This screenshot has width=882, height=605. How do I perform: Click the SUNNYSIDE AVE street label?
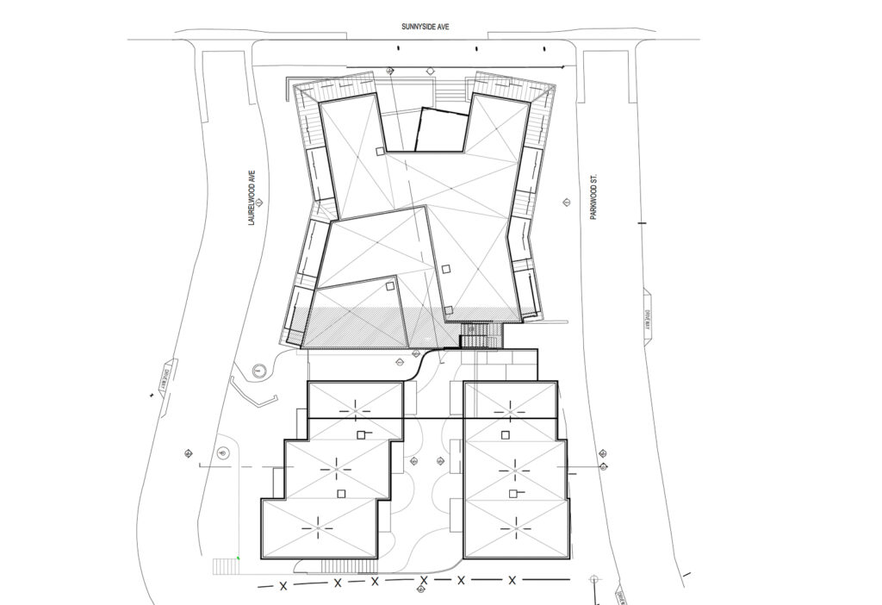pyautogui.click(x=425, y=28)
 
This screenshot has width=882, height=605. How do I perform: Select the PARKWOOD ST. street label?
pyautogui.click(x=594, y=196)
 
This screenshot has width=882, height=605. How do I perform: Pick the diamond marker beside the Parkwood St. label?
pyautogui.click(x=566, y=203)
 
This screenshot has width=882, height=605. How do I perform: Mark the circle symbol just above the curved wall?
pyautogui.click(x=258, y=371)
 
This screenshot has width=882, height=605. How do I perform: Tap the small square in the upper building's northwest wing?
pyautogui.click(x=379, y=152)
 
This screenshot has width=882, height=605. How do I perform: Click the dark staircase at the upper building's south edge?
pyautogui.click(x=475, y=335)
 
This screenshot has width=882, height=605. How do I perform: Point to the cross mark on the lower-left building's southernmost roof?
pyautogui.click(x=320, y=523)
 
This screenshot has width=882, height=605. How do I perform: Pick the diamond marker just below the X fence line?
pyautogui.click(x=419, y=590)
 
